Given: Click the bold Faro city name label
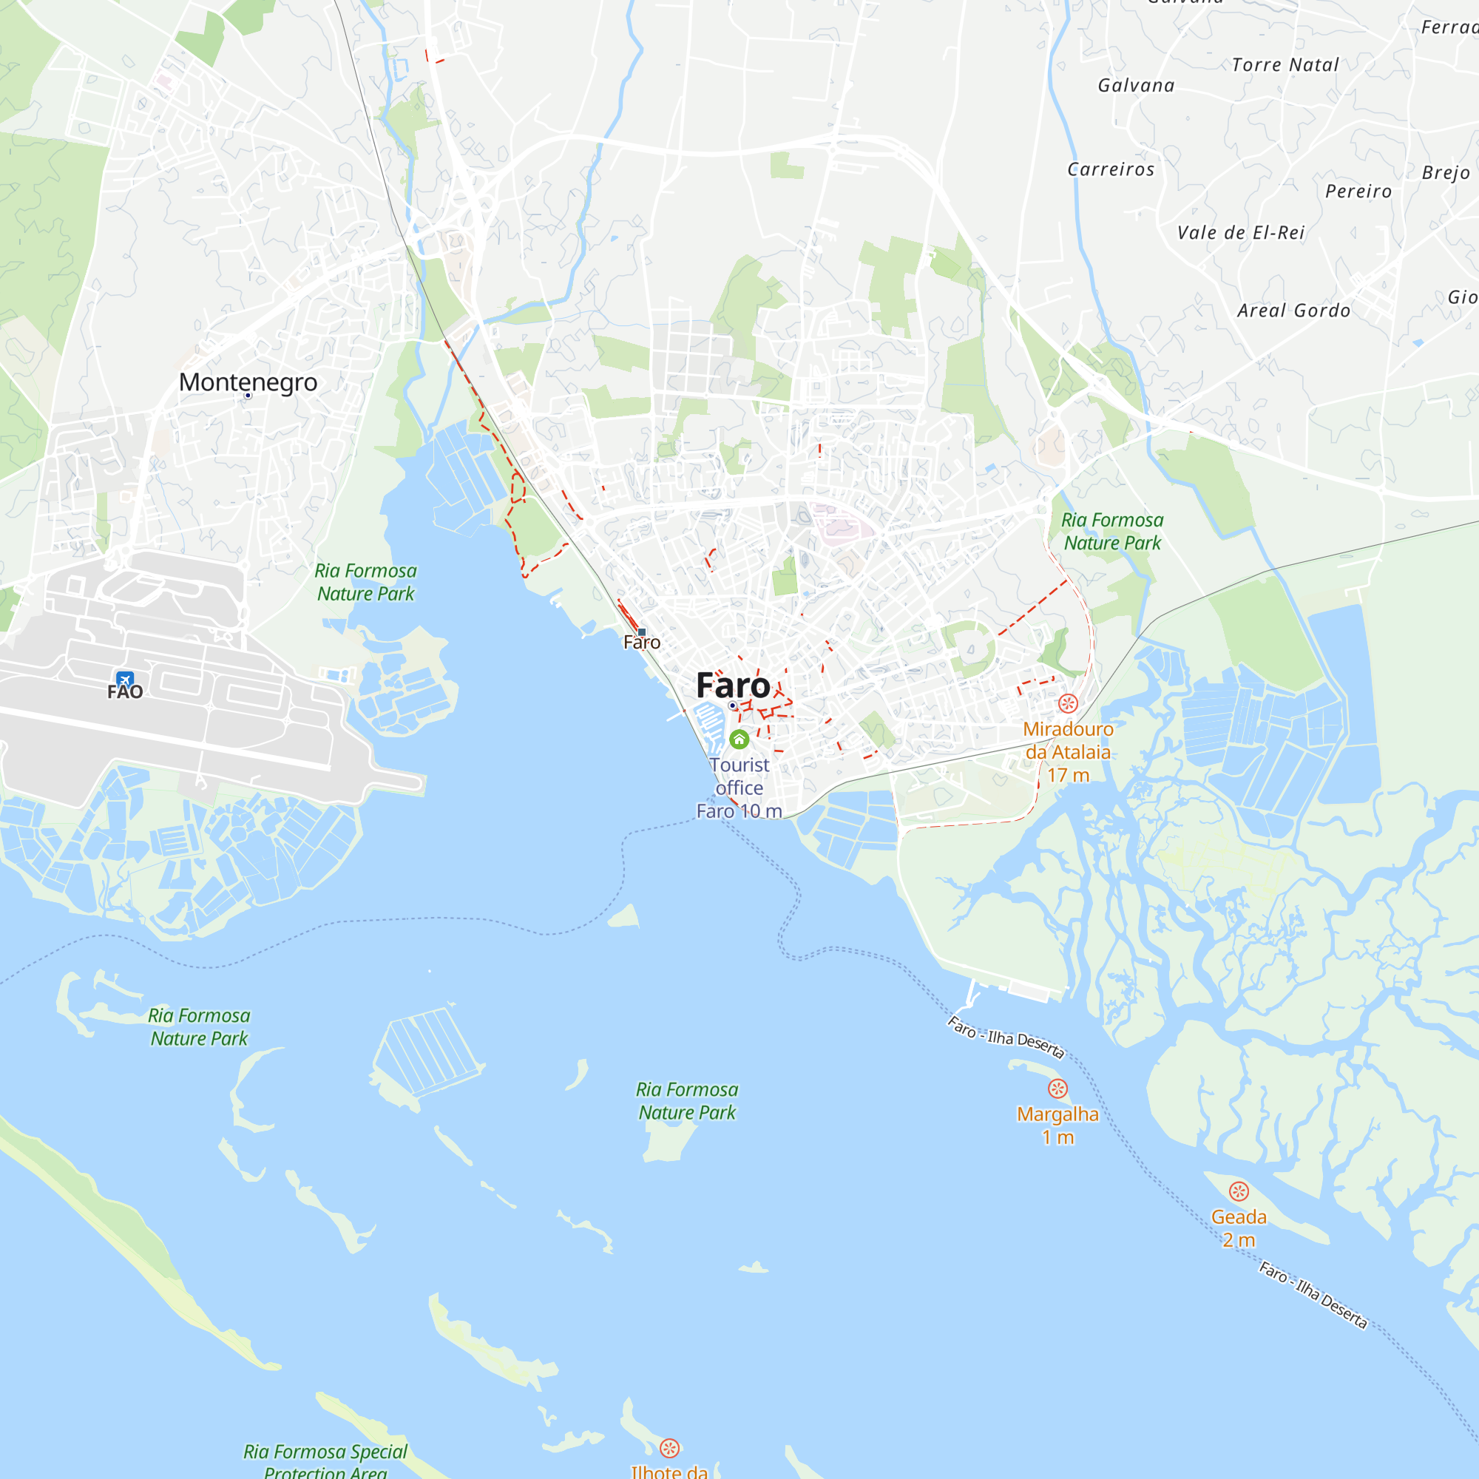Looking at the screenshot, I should click(733, 686).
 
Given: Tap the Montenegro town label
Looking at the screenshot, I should click(248, 382).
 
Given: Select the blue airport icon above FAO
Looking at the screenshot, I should click(125, 679).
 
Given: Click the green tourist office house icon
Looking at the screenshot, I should click(739, 739).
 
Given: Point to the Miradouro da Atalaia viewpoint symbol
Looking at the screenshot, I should click(1068, 703).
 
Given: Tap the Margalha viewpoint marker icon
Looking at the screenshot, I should click(1057, 1089).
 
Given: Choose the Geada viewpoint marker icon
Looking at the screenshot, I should click(1239, 1191).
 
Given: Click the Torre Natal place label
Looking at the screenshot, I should click(1285, 65).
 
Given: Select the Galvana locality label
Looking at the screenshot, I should click(1136, 86).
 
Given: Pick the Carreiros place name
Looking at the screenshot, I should click(1111, 170).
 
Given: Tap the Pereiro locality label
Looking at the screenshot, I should click(1358, 192).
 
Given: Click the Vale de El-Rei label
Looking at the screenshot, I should click(1241, 233).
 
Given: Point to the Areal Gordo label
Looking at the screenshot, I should click(1293, 311).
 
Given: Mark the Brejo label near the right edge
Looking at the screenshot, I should click(1446, 173).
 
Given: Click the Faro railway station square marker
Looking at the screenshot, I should click(641, 632).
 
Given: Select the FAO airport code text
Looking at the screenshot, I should click(125, 693).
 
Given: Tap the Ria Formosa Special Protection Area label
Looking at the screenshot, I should click(325, 1461).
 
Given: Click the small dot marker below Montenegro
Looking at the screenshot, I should click(248, 396).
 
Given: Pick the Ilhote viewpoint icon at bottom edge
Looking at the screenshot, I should click(670, 1448).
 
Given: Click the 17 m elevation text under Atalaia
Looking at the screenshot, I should click(1068, 776).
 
